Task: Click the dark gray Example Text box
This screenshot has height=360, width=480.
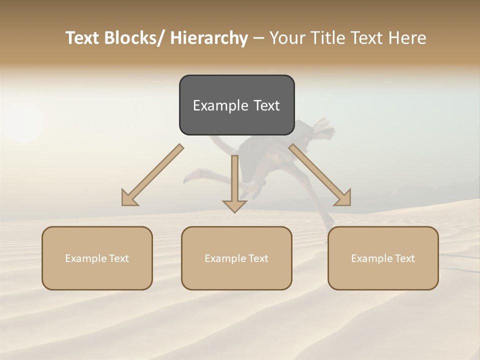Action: click(x=236, y=105)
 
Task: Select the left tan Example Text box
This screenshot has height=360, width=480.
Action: click(x=97, y=258)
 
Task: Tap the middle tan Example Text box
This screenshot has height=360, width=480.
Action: click(x=236, y=258)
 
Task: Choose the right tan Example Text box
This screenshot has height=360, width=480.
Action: click(x=383, y=258)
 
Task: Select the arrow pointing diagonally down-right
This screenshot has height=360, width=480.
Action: click(x=320, y=175)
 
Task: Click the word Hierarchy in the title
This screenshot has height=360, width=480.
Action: click(x=209, y=38)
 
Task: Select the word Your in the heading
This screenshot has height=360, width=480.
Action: click(x=286, y=38)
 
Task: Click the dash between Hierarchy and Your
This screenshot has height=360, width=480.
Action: click(x=258, y=38)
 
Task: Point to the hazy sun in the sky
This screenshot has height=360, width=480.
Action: click(x=22, y=122)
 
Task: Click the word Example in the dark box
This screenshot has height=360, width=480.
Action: click(x=220, y=105)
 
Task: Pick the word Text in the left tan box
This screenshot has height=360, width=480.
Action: click(x=118, y=258)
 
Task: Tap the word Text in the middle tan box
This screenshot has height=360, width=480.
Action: click(x=258, y=258)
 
